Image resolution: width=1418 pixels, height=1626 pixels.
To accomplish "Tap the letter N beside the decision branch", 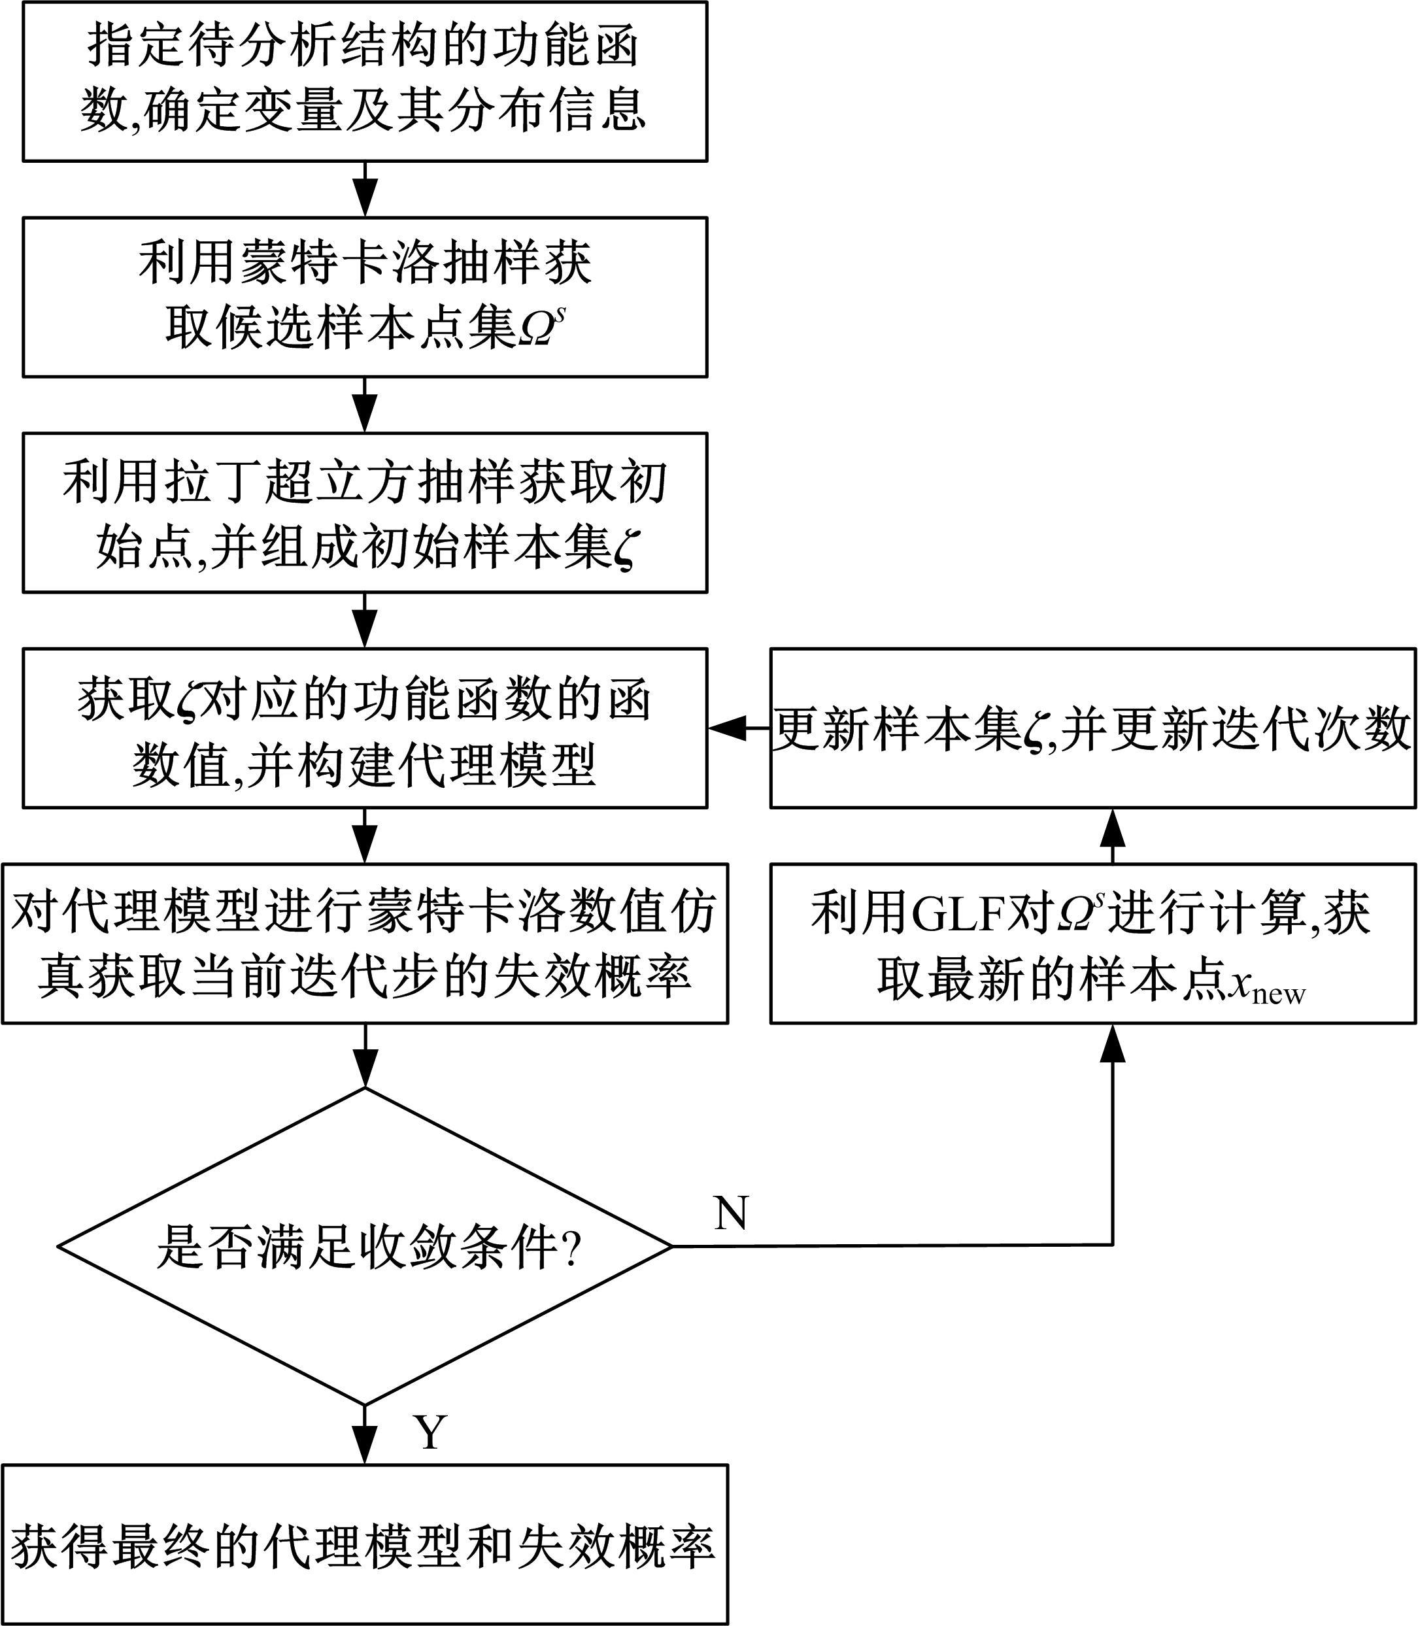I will pos(731,1212).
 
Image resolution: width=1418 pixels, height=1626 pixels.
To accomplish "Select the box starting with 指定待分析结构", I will pos(365,82).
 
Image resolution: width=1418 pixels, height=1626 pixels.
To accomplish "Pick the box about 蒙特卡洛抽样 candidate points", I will pos(365,297).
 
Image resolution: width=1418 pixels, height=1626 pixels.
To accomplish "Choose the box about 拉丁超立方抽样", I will pos(365,513).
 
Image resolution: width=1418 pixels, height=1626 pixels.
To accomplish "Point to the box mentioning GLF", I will pos(1093,943).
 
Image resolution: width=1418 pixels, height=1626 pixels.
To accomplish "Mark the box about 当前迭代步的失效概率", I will pos(365,943).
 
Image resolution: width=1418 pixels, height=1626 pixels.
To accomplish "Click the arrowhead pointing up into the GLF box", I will pos(1113,1043).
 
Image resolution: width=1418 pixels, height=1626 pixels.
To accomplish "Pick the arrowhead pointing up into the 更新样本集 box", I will pos(1113,827).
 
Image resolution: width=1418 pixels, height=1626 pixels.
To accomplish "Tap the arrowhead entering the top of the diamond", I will pos(365,1070).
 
